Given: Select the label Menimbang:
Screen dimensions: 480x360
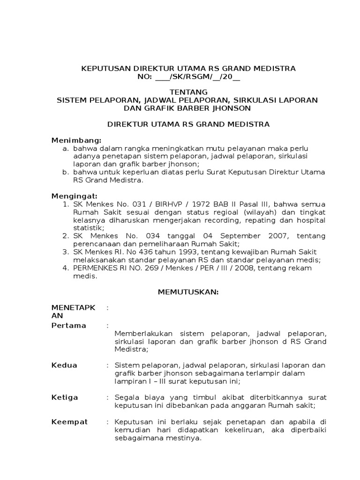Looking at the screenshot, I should coord(76,140).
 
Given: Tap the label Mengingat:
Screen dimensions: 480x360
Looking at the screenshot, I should coord(75,195).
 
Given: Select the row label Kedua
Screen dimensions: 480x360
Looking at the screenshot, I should coord(64,365).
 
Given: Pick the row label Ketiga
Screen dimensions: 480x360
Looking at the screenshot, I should coord(65,397).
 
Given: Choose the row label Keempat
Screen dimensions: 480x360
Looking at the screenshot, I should coord(69,422).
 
